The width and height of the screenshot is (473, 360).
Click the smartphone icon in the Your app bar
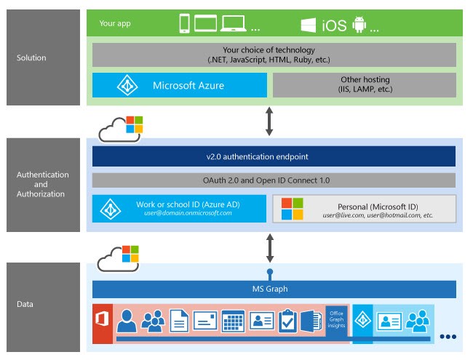184,24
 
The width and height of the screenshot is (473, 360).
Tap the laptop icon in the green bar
234,24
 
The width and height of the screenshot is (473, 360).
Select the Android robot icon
358,25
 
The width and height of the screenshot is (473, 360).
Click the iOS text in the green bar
333,25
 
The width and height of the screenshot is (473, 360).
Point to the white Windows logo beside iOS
309,25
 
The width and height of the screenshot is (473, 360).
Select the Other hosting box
365,84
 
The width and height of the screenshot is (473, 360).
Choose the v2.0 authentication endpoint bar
274,157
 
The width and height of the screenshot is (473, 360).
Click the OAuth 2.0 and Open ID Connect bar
274,180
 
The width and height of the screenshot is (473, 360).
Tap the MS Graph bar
274,289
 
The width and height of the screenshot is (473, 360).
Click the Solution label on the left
31,57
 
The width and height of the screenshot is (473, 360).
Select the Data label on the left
25,305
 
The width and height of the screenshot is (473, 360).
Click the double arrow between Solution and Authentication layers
269,121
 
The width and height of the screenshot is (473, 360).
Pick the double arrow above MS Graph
269,247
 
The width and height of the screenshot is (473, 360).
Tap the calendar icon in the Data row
232,320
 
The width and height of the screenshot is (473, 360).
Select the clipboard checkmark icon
289,320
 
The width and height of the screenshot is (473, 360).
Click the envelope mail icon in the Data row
204,320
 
